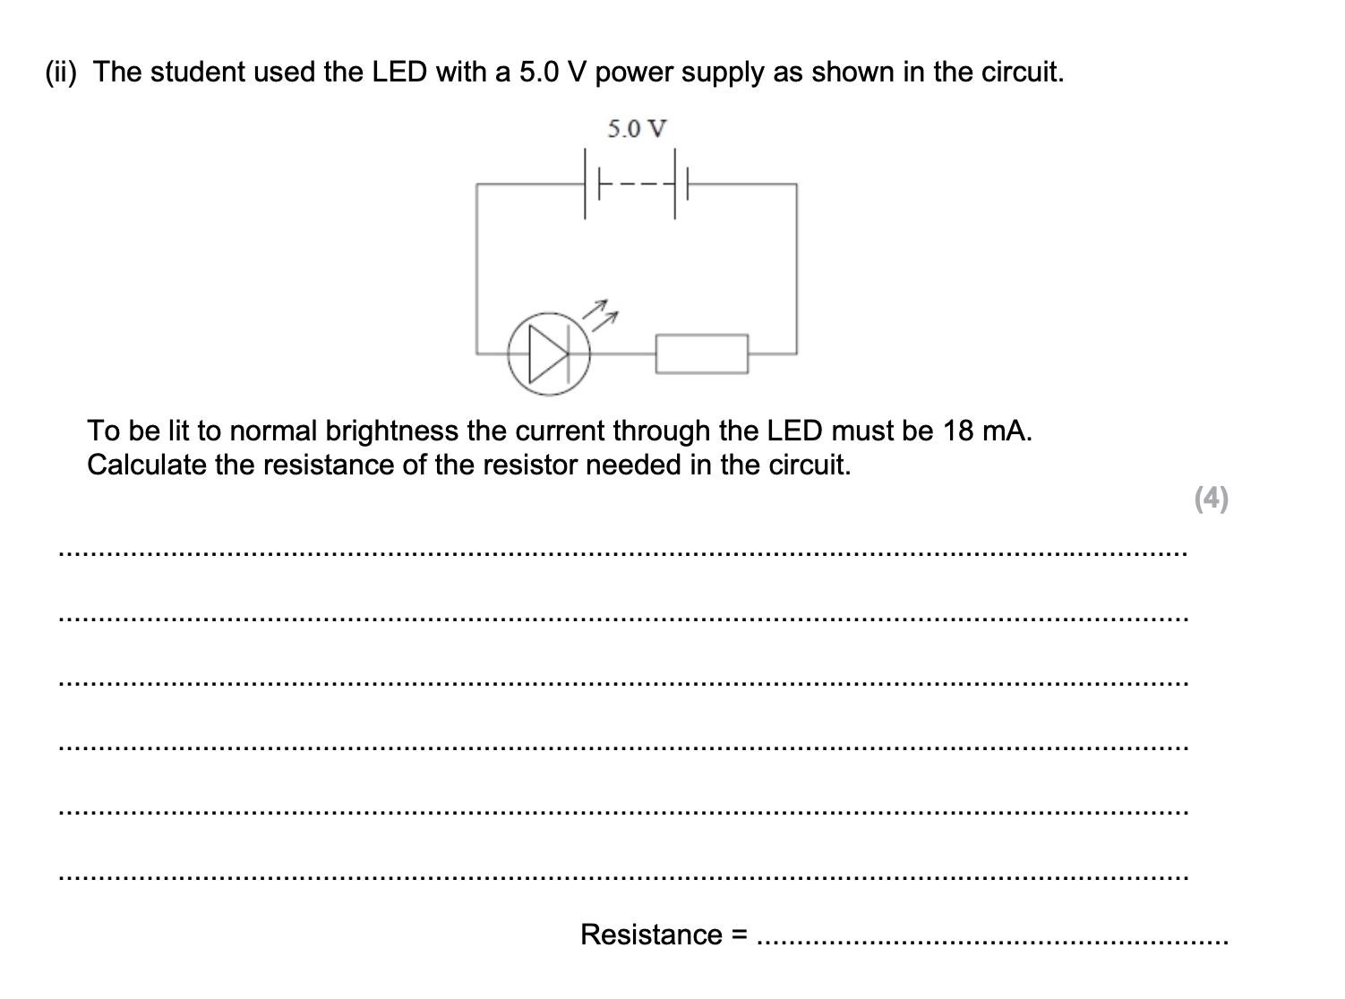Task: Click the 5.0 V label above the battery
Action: coord(637,129)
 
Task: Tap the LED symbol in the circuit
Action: coord(548,353)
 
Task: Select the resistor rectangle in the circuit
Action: coord(702,353)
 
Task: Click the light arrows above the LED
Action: coord(603,311)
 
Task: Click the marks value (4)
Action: coord(1212,498)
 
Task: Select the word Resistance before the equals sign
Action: coord(651,935)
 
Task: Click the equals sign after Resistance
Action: coord(740,935)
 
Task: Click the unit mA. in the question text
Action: coord(1007,431)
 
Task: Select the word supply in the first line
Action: coord(724,72)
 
